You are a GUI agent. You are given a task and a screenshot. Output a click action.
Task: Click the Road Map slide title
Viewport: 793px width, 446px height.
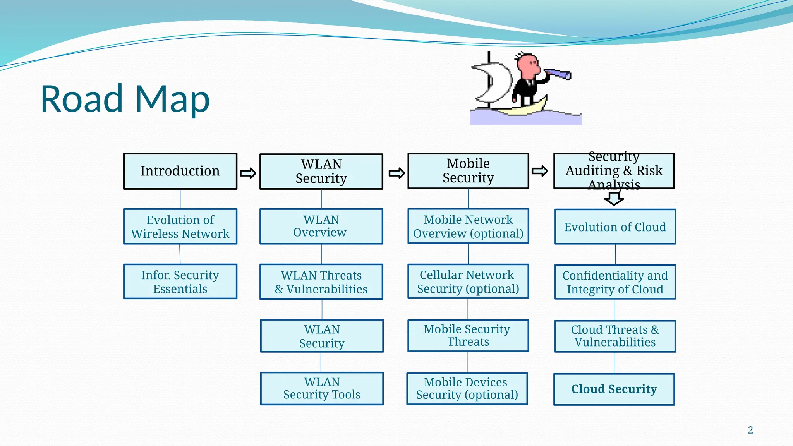click(x=125, y=99)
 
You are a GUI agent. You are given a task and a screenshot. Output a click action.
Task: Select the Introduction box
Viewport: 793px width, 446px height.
click(x=180, y=171)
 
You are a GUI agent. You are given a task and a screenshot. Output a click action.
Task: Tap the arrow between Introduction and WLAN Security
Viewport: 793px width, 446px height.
click(x=248, y=173)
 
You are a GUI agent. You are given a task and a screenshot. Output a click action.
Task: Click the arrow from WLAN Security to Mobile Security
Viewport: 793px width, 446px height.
click(x=396, y=173)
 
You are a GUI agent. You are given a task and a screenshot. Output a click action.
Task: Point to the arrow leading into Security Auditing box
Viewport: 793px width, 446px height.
click(x=540, y=171)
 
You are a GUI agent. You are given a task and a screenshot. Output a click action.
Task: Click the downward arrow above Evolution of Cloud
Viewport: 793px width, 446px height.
click(x=614, y=199)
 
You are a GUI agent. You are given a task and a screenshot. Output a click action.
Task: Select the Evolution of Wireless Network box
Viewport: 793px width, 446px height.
click(x=180, y=226)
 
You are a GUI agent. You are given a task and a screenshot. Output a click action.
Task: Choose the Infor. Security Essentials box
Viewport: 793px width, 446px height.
click(x=180, y=282)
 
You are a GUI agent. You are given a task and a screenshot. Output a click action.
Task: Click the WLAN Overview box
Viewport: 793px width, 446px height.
click(x=321, y=226)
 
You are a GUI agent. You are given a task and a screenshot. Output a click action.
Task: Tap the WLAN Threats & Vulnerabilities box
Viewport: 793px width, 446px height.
click(x=321, y=282)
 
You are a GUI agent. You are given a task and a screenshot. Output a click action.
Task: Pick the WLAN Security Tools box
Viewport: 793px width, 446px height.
click(x=322, y=388)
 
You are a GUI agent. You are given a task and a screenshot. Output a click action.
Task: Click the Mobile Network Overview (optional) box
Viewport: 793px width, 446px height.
click(x=468, y=226)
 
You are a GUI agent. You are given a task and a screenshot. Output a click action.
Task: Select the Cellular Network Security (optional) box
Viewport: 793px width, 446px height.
click(x=468, y=281)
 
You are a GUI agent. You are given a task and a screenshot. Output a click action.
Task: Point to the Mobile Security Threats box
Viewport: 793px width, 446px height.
click(x=468, y=335)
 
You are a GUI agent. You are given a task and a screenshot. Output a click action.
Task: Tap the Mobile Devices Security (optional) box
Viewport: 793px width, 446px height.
click(x=467, y=388)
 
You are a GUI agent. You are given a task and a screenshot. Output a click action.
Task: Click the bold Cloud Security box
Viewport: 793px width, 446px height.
click(x=614, y=389)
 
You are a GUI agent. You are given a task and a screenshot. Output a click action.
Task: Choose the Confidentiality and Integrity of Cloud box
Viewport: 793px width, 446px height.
click(x=615, y=282)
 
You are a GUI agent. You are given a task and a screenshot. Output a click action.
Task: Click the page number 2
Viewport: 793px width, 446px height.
click(x=750, y=430)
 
